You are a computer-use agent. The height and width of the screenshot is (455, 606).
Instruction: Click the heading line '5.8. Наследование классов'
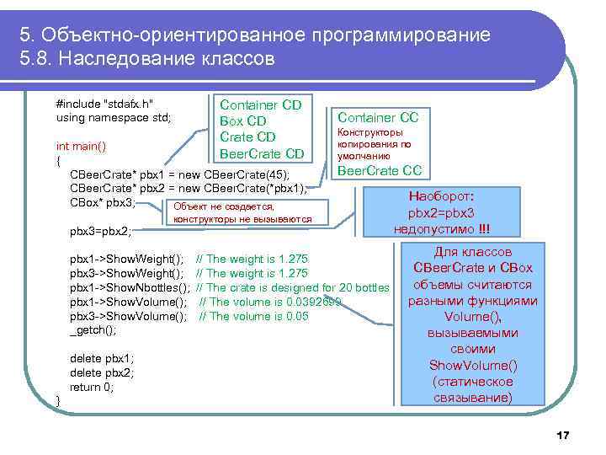(x=147, y=60)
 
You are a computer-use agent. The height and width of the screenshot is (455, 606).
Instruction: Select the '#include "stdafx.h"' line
(x=104, y=104)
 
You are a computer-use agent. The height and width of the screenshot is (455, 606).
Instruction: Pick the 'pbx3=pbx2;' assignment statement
(x=99, y=230)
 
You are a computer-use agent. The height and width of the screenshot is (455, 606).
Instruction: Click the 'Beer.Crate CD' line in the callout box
(x=261, y=153)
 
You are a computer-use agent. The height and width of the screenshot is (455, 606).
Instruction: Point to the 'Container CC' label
(x=378, y=117)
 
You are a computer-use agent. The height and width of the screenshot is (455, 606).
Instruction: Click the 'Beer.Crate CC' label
(x=378, y=172)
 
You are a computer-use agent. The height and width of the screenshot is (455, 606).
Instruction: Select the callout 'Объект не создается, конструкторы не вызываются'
(x=242, y=213)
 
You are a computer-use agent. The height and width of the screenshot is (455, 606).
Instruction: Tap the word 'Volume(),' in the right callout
(x=472, y=317)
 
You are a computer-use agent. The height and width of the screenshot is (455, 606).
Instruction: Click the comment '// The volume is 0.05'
(x=253, y=316)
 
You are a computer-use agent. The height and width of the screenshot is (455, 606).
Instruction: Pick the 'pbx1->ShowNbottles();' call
(x=130, y=287)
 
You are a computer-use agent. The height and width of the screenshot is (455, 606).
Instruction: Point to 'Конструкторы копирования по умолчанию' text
(x=369, y=144)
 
